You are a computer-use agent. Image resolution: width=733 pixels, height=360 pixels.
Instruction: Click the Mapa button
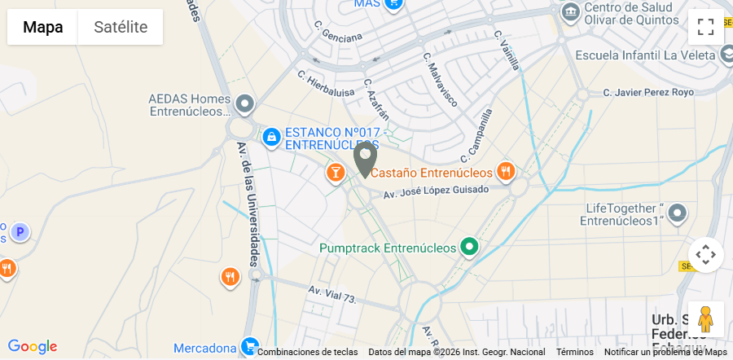tap(42, 27)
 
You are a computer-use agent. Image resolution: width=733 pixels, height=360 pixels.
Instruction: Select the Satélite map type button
tap(121, 27)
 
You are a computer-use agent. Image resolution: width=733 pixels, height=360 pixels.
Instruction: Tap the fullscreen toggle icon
tap(705, 27)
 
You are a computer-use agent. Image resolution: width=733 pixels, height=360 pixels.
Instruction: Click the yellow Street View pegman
tap(705, 318)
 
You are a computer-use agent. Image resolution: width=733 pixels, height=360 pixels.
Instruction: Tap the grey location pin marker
tap(365, 158)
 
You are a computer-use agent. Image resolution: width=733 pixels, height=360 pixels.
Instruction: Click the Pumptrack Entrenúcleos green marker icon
tap(468, 246)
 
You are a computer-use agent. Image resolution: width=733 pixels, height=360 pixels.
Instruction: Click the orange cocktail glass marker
tap(335, 172)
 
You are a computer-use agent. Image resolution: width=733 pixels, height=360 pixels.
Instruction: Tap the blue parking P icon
tap(20, 233)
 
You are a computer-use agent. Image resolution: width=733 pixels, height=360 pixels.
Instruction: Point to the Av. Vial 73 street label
tap(332, 294)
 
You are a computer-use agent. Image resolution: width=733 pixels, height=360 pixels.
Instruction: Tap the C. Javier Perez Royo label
tap(648, 93)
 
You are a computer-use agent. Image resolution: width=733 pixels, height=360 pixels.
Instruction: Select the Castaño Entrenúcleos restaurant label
tap(432, 173)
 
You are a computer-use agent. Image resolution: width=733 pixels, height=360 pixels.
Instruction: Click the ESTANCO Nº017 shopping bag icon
tap(271, 136)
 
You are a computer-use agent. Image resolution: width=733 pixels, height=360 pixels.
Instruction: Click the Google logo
tap(32, 347)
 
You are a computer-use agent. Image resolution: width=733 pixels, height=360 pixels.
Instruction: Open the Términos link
tap(575, 352)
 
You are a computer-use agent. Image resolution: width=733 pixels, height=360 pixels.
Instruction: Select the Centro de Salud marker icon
tap(571, 12)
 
